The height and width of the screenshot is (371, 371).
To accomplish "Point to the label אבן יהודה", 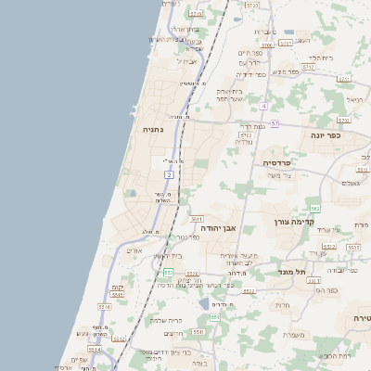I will (x=219, y=227).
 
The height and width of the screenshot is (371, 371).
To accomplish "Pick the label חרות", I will (x=283, y=305).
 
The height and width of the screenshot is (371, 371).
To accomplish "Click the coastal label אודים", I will (x=134, y=250).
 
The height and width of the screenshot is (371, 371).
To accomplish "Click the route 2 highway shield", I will (x=169, y=174).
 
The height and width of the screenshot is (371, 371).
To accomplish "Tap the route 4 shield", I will (x=263, y=106).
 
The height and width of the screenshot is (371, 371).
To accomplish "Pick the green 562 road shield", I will (x=315, y=208).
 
